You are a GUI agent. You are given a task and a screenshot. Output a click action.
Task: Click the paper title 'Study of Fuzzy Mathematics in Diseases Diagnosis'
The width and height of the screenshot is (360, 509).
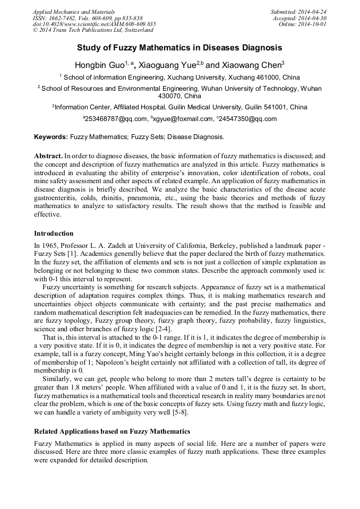179,48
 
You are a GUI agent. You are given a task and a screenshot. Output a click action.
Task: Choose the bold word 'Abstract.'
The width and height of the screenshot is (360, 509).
48,157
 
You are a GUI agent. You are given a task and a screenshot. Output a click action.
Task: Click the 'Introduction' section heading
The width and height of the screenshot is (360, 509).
54,234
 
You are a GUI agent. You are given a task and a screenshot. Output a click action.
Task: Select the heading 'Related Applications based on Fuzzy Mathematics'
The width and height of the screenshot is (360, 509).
112,431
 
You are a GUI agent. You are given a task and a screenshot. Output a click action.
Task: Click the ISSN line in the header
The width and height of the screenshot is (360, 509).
88,18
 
